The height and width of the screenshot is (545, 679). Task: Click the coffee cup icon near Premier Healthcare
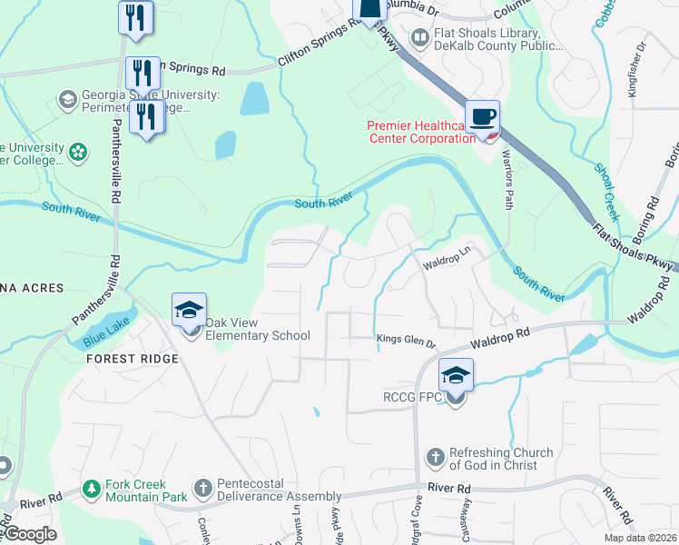point(483,116)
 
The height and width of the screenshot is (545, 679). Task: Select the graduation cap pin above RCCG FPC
point(456,374)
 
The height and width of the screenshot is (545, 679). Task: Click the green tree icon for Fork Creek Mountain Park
point(91,490)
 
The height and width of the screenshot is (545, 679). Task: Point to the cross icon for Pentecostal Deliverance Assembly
point(202,490)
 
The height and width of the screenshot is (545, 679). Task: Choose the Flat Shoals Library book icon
point(419,37)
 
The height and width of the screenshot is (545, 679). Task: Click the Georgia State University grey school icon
point(67,99)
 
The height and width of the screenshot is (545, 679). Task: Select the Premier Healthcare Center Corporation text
point(420,133)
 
